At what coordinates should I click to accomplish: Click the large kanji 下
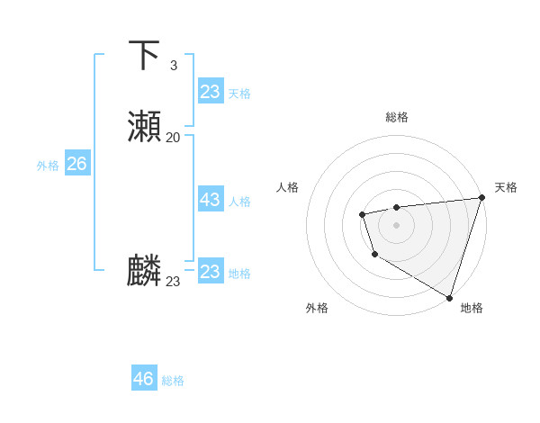(x=144, y=56)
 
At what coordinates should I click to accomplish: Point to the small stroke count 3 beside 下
(x=173, y=66)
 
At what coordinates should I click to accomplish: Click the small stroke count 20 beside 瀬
(x=173, y=137)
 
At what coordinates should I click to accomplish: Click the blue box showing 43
(x=210, y=200)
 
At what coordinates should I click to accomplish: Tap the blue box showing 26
(x=76, y=164)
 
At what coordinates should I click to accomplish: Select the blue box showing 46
(x=143, y=379)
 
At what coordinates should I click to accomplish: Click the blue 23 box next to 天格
(x=210, y=92)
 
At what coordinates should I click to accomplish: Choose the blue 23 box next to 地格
(x=210, y=272)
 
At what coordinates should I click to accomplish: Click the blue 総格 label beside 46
(x=173, y=381)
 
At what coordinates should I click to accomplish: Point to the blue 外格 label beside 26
(x=48, y=166)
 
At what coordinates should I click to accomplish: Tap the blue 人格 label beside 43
(x=239, y=202)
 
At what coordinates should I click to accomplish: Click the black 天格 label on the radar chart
(x=506, y=187)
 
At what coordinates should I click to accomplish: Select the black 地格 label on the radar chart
(x=472, y=308)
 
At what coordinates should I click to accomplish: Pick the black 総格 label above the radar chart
(x=396, y=117)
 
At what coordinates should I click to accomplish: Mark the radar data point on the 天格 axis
(x=481, y=197)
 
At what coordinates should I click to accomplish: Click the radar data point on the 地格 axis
(x=449, y=296)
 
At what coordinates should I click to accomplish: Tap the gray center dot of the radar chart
(x=396, y=224)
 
